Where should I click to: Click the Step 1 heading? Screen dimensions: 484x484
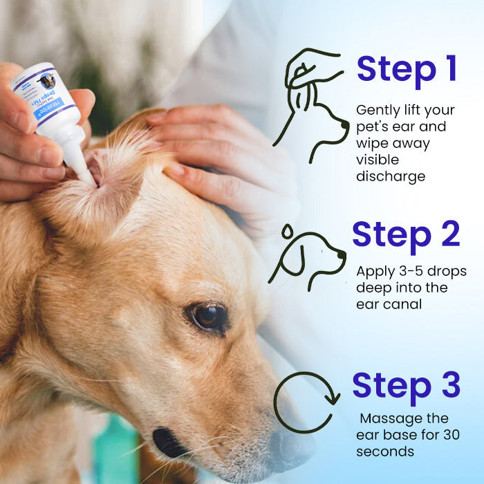pos(407,69)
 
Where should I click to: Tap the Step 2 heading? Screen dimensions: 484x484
pos(406,234)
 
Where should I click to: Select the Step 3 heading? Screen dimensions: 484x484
pos(406,385)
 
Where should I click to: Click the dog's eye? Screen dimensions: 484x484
pos(207,316)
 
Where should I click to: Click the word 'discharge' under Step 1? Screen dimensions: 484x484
pos(390,176)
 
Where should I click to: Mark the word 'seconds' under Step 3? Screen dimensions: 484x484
pos(385,451)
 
